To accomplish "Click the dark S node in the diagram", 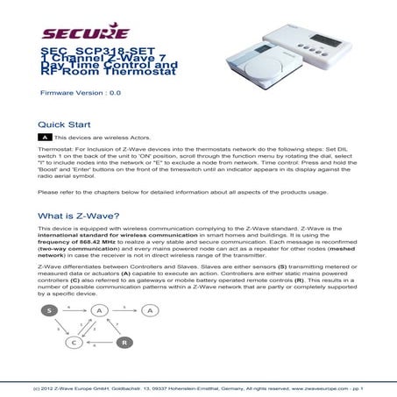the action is pyautogui.click(x=50, y=310).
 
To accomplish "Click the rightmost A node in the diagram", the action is pyautogui.click(x=152, y=310).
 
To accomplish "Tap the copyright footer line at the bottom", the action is pyautogui.click(x=198, y=386).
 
